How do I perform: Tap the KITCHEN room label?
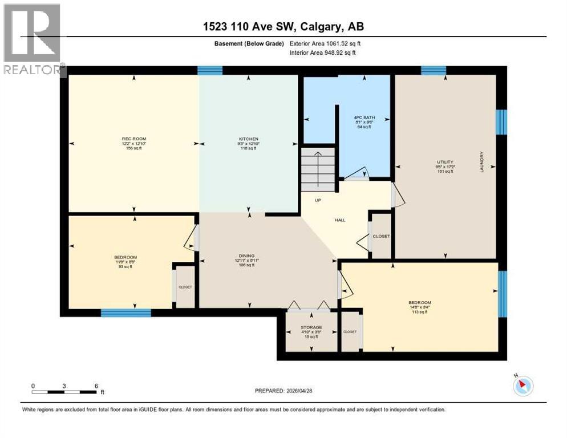[x=249, y=139]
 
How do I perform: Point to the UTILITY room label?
[x=444, y=162]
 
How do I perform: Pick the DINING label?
[x=246, y=256]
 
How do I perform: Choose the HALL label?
[x=341, y=220]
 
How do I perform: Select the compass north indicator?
[x=523, y=386]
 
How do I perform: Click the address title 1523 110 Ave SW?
[x=283, y=26]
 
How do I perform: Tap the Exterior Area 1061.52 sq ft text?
[x=325, y=43]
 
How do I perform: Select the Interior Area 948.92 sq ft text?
[x=325, y=54]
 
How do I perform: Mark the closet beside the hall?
[x=381, y=236]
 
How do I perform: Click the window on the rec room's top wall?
[x=210, y=71]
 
